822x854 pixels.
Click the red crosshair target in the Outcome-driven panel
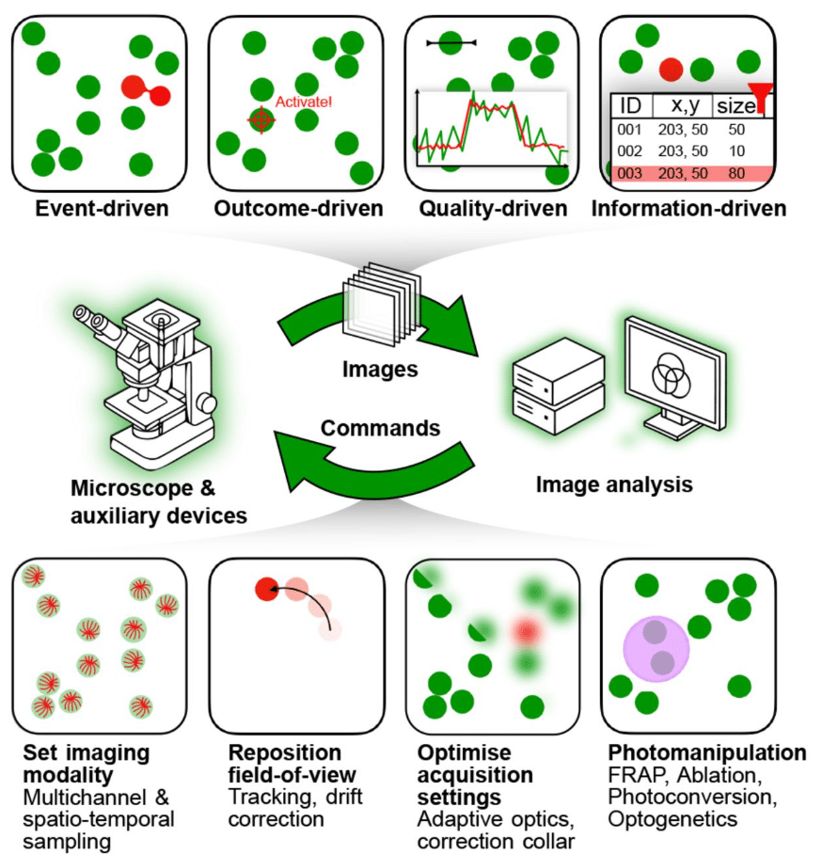coord(261,119)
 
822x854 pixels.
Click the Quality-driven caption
coord(486,209)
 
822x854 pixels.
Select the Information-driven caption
coord(688,209)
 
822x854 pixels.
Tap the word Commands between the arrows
coord(380,428)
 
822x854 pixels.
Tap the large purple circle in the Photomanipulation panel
coord(656,649)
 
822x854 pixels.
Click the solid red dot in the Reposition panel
coord(266,590)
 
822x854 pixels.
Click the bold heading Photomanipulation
coord(706,753)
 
